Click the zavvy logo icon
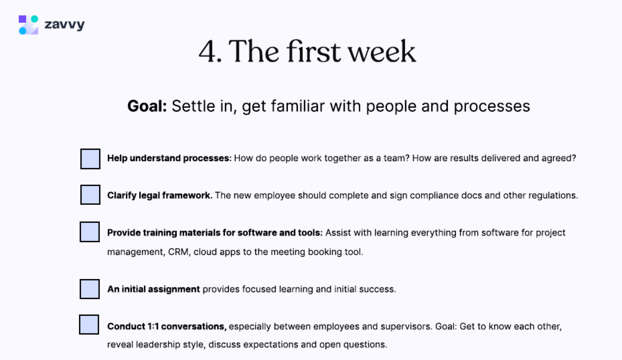[28, 25]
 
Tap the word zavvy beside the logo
[64, 25]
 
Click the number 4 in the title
[208, 52]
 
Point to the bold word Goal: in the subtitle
[147, 106]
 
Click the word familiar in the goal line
[298, 106]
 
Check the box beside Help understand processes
[90, 159]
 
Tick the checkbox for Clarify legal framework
[90, 195]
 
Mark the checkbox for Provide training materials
[90, 232]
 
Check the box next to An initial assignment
[90, 289]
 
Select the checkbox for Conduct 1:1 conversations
[89, 325]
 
